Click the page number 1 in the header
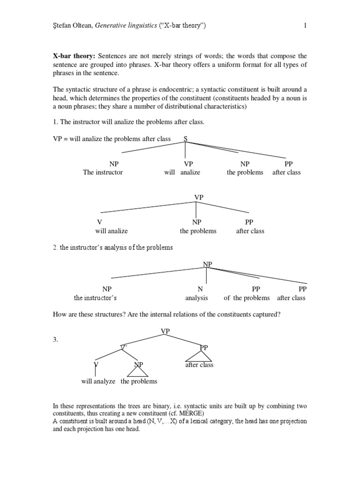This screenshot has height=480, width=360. point(305,26)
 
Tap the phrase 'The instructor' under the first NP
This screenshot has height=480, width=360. point(103,172)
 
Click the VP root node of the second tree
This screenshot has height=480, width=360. point(199,197)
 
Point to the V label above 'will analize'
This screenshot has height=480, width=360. point(99,222)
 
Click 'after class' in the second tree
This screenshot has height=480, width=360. point(250,231)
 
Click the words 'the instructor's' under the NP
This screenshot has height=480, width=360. point(95,298)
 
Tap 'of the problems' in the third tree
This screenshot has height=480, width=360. point(247,298)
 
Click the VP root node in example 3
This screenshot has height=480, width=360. point(165,331)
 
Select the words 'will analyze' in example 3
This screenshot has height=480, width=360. point(98,381)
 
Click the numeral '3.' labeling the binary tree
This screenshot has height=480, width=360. point(56,340)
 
